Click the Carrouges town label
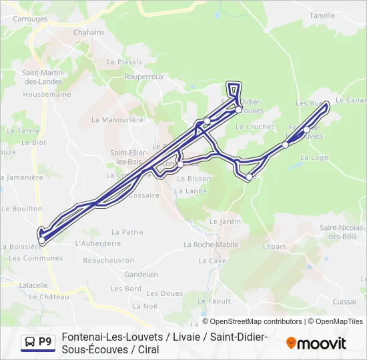(x=30, y=19)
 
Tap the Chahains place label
(x=89, y=32)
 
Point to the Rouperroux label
(x=144, y=77)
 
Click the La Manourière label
(x=117, y=120)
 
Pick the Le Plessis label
(x=125, y=61)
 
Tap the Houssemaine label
(x=47, y=95)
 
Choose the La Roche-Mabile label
(x=211, y=245)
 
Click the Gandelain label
(x=141, y=274)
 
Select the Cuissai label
(x=344, y=301)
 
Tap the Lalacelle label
(x=33, y=285)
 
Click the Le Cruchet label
(x=255, y=127)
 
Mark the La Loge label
(x=315, y=157)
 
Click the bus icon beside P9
(x=30, y=342)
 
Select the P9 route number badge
(x=45, y=342)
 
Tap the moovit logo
(x=316, y=343)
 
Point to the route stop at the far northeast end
(x=326, y=105)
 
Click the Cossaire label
(x=143, y=195)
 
